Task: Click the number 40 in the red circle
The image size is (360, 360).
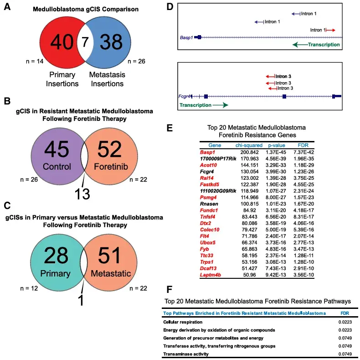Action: click(x=62, y=42)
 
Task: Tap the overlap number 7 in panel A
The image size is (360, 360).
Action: click(x=85, y=42)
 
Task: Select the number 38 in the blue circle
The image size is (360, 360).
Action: click(x=111, y=42)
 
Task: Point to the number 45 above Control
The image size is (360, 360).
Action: click(x=57, y=149)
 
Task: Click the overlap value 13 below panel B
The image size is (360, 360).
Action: click(x=82, y=194)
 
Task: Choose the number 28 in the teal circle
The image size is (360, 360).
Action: click(x=56, y=256)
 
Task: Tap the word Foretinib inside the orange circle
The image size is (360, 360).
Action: click(x=111, y=167)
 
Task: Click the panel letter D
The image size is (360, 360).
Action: click(x=170, y=7)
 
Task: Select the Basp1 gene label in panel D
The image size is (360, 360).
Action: click(x=186, y=37)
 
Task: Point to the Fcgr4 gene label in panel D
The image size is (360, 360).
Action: click(x=185, y=96)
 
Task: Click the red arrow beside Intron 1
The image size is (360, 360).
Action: click(x=331, y=30)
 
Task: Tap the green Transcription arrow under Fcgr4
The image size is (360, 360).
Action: click(x=221, y=105)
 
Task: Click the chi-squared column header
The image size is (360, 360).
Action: click(x=249, y=145)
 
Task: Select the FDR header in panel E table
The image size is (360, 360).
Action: click(x=303, y=145)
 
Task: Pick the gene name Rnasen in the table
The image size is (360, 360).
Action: click(x=209, y=204)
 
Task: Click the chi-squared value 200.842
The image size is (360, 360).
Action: click(x=250, y=152)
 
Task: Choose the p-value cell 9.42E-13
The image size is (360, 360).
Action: click(x=276, y=275)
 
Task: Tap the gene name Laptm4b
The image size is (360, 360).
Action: click(x=211, y=275)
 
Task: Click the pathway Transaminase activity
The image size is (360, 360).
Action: click(x=186, y=354)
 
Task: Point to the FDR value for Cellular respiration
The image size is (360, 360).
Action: click(x=345, y=322)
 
